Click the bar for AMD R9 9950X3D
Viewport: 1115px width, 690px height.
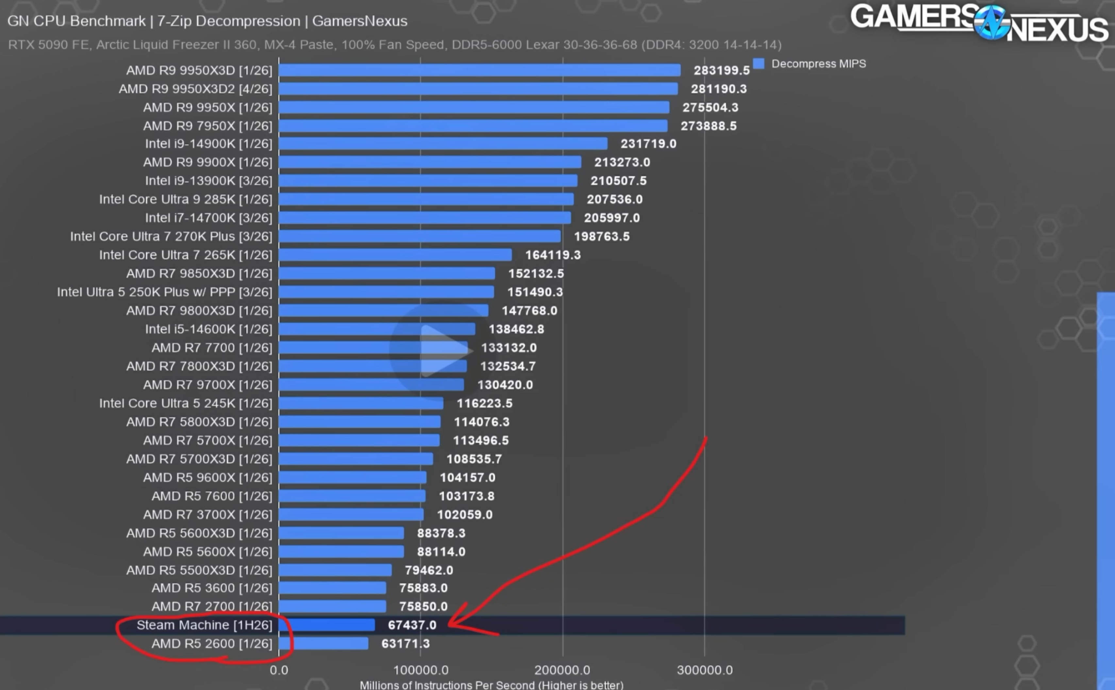tap(480, 70)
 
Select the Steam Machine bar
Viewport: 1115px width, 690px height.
tap(327, 625)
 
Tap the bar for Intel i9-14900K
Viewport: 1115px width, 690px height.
tap(443, 144)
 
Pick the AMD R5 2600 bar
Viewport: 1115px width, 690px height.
tap(324, 643)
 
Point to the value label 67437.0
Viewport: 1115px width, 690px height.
tap(412, 625)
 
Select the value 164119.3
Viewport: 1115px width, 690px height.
tap(553, 255)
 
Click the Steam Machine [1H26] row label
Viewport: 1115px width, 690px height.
tap(204, 625)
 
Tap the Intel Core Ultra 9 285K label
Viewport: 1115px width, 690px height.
tap(186, 199)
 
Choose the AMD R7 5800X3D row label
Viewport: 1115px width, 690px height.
tap(199, 422)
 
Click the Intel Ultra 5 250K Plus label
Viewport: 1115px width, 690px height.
tap(164, 292)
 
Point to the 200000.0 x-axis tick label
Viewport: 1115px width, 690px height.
tap(562, 670)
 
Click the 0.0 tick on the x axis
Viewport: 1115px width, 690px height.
tap(279, 670)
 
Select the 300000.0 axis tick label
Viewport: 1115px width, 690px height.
tap(705, 670)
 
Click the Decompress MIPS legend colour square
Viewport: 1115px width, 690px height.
tap(759, 63)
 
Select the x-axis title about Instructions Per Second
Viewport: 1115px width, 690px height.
tap(491, 684)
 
